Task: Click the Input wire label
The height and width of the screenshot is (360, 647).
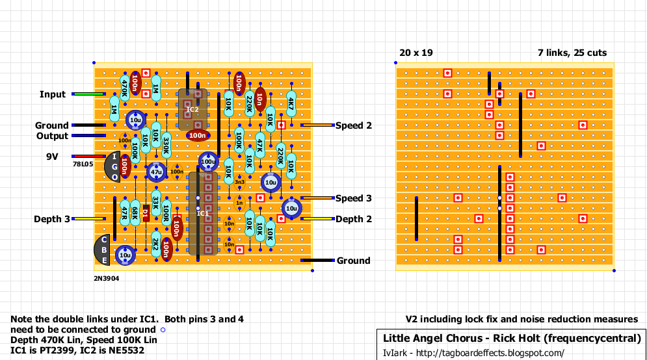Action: [53, 94]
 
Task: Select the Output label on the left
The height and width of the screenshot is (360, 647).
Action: [52, 136]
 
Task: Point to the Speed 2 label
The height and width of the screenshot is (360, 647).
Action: [354, 125]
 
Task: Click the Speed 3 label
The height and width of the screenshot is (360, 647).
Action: [354, 198]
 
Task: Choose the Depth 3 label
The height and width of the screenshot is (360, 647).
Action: [52, 219]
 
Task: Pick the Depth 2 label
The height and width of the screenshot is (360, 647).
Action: [354, 219]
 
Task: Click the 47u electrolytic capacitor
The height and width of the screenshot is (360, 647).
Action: [156, 172]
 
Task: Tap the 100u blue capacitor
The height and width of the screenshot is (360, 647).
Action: [208, 161]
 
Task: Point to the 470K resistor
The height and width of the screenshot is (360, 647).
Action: [125, 84]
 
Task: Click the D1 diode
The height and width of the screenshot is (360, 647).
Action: [146, 212]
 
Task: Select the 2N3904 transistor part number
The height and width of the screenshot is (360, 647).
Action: [107, 277]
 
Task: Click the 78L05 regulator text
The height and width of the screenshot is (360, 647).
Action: [83, 165]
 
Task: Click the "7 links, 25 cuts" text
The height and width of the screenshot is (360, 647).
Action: [572, 53]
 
